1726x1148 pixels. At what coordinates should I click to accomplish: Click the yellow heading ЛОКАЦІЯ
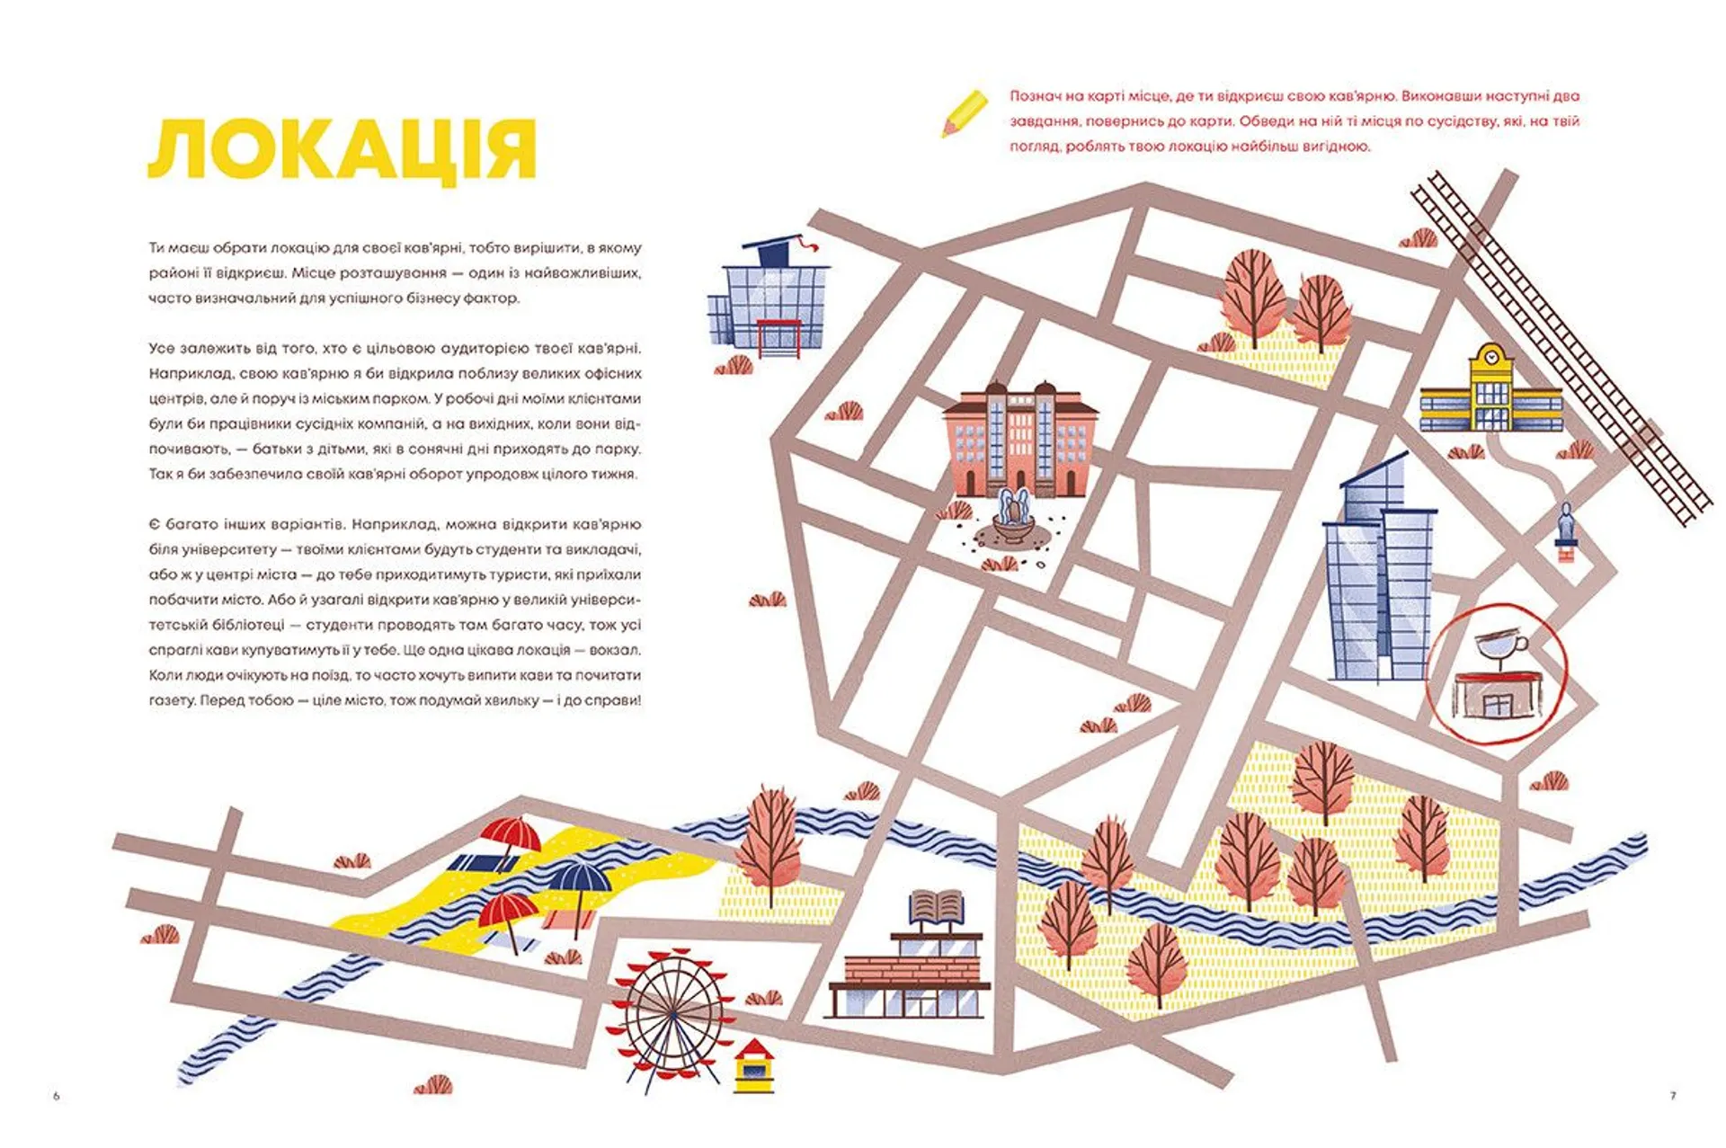pyautogui.click(x=342, y=151)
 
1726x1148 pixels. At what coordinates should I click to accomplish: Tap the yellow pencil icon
pyautogui.click(x=964, y=113)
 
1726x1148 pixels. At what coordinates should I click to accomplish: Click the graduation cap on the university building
pyautogui.click(x=775, y=249)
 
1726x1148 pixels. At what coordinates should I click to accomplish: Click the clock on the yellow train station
pyautogui.click(x=1491, y=357)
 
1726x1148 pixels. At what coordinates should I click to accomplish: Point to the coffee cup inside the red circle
pyautogui.click(x=1499, y=645)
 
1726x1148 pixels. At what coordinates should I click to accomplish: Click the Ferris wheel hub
pyautogui.click(x=672, y=1013)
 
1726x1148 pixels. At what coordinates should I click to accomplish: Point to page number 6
pyautogui.click(x=56, y=1096)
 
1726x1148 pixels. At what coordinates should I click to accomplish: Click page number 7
pyautogui.click(x=1672, y=1096)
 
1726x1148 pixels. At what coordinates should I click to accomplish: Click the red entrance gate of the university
pyautogui.click(x=778, y=338)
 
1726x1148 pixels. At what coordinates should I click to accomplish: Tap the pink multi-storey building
pyautogui.click(x=1019, y=440)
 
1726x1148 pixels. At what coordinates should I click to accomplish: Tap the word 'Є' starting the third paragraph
pyautogui.click(x=154, y=525)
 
